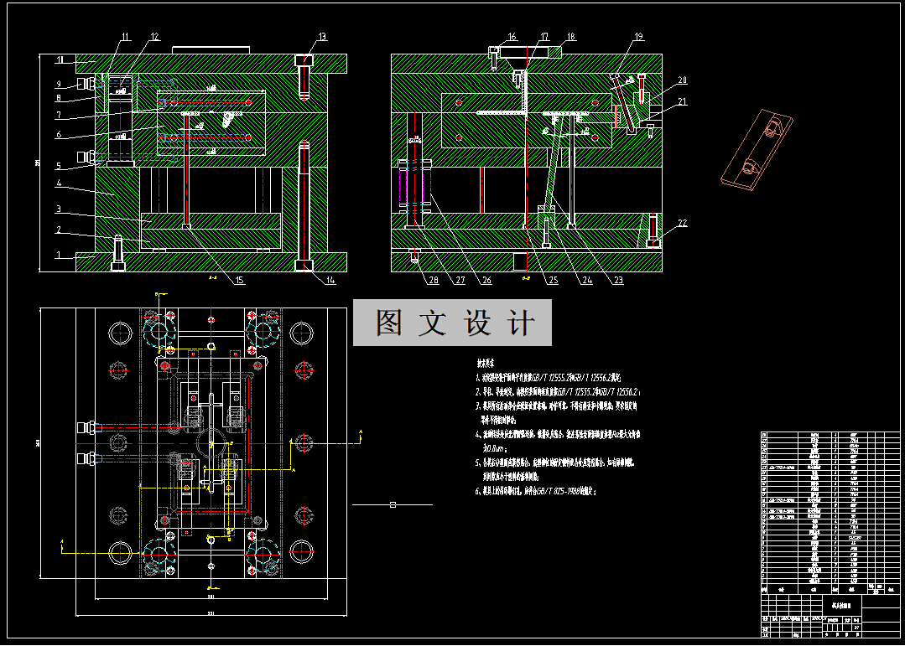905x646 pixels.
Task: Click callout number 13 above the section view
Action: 322,37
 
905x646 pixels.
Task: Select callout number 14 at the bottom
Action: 330,281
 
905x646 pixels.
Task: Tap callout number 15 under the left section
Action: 239,281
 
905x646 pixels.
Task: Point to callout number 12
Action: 154,37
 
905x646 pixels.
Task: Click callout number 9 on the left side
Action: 60,84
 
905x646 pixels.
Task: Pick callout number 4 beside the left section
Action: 60,183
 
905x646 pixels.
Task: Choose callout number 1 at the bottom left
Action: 60,256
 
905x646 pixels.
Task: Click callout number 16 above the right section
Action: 512,37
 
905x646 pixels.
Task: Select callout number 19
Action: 638,37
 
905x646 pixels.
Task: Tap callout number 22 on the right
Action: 681,223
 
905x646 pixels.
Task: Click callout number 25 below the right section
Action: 553,281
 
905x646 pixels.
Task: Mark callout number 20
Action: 682,80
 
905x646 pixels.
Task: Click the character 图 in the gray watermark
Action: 387,323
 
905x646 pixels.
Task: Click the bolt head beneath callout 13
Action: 305,61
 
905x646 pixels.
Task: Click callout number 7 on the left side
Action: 60,115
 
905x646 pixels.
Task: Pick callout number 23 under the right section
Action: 619,281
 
